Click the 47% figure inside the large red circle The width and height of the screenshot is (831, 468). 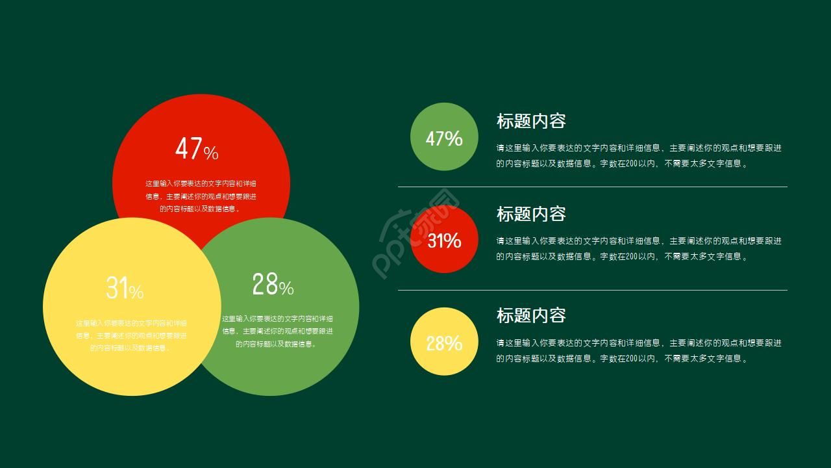(x=197, y=149)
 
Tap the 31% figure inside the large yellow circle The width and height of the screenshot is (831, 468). (x=125, y=288)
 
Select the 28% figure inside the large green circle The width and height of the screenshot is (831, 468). (x=273, y=285)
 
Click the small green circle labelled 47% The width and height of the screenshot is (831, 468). (x=444, y=137)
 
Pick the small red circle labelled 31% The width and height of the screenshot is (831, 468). (x=444, y=240)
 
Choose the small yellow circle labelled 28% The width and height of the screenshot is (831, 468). (x=444, y=342)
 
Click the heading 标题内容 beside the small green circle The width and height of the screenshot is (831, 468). (x=531, y=121)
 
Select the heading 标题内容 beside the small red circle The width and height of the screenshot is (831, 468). (x=531, y=214)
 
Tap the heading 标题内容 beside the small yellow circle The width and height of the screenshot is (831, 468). (x=531, y=315)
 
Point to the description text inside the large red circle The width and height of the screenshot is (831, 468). (x=201, y=196)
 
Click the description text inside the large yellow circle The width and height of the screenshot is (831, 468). (x=131, y=335)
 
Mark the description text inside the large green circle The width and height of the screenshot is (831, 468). (x=277, y=331)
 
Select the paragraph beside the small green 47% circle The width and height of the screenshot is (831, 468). (x=639, y=156)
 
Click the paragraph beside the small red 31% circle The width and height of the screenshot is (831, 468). (x=639, y=248)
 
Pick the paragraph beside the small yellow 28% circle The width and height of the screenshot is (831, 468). (x=639, y=350)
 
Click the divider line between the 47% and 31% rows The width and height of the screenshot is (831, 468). (x=592, y=187)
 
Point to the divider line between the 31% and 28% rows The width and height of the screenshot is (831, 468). (x=592, y=290)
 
